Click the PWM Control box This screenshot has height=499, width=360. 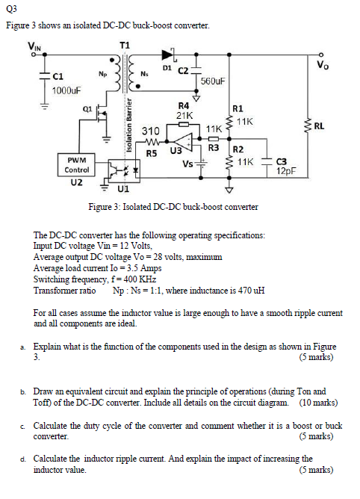point(77,165)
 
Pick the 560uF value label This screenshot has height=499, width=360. point(214,81)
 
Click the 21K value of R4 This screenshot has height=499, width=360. point(184,116)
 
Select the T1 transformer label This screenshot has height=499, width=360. point(125,46)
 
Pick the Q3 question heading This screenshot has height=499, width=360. point(12,10)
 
